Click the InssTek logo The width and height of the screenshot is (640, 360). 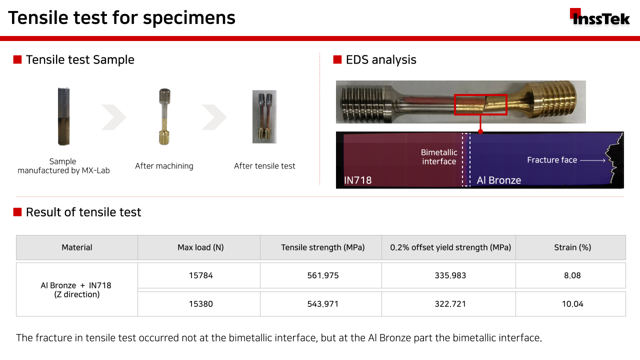599,17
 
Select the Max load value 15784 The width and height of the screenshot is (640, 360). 201,275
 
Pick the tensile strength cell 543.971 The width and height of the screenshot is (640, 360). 323,303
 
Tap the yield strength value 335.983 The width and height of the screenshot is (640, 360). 450,275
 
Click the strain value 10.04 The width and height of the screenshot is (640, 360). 572,303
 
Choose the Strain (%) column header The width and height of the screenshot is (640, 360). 572,247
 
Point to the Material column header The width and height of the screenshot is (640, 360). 77,247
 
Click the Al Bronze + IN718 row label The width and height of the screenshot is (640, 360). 76,289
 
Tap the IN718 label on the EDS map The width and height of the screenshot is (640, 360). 357,180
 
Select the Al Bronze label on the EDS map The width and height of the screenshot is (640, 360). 499,180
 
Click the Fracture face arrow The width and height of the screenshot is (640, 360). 592,160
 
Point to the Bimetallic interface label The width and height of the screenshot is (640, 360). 439,157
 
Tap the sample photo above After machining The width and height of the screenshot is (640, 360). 164,116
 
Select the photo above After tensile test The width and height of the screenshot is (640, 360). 264,116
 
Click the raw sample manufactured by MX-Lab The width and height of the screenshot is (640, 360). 63,116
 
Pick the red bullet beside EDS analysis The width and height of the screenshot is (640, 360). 337,59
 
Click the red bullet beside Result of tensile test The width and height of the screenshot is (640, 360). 17,212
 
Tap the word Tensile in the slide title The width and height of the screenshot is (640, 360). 38,17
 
